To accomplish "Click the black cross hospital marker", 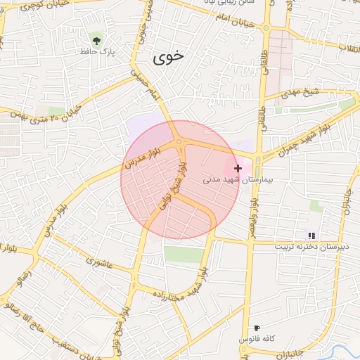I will coord(238,168).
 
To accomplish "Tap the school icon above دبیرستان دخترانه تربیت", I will coord(311,236).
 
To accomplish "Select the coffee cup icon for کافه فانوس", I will coord(257,328).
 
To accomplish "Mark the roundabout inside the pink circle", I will coord(179,143).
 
